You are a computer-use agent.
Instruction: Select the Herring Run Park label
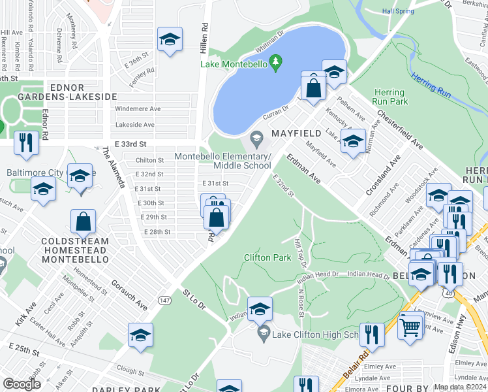[x=389, y=97]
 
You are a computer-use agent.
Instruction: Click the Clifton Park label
[x=267, y=257]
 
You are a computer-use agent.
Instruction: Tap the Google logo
[x=22, y=384]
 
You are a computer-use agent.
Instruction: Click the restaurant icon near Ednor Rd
[x=26, y=142]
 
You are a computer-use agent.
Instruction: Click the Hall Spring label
[x=398, y=11]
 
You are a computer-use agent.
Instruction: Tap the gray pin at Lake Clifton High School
[x=264, y=335]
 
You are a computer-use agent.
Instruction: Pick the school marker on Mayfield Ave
[x=353, y=140]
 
